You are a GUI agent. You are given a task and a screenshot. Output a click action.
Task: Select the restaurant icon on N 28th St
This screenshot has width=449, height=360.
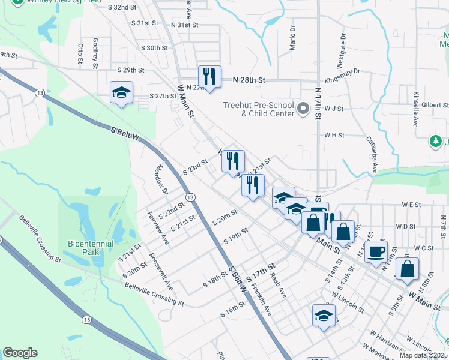(x=209, y=77)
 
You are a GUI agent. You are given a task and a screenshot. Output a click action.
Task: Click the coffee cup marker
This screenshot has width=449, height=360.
(x=376, y=252)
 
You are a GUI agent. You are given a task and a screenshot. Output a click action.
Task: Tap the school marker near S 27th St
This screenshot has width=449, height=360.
(x=121, y=93)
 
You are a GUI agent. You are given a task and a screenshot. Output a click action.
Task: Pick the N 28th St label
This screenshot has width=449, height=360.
(x=245, y=80)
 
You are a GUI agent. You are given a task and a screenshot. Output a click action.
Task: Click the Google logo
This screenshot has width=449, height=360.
(x=20, y=353)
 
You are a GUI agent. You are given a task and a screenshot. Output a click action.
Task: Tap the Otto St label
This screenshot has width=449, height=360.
(x=80, y=53)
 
